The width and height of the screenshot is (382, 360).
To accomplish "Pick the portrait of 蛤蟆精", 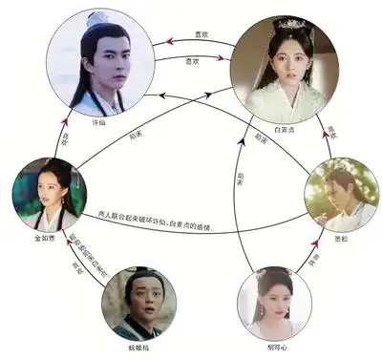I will tap(139, 303).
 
